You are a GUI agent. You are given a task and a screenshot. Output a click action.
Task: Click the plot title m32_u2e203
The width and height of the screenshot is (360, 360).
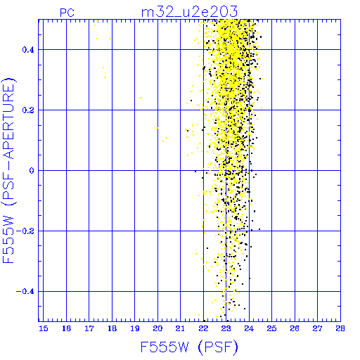[189, 12]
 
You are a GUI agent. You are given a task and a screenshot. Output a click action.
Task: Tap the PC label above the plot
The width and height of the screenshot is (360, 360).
[67, 13]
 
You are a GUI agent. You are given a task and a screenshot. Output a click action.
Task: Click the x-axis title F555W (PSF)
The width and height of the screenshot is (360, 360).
[189, 347]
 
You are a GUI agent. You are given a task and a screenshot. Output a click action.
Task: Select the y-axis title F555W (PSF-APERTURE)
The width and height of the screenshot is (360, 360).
[8, 171]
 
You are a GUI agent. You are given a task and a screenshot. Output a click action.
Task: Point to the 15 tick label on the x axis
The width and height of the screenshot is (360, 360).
[44, 328]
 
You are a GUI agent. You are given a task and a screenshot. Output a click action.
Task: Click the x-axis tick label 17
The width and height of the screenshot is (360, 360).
[89, 328]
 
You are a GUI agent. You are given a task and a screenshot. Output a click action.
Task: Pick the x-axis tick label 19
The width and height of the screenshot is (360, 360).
[135, 328]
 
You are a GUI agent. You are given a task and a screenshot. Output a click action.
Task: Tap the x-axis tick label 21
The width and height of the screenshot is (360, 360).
[180, 328]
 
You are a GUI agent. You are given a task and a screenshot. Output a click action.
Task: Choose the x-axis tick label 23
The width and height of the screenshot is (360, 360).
[226, 328]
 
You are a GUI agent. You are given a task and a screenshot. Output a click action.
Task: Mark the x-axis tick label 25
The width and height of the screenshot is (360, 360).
[271, 328]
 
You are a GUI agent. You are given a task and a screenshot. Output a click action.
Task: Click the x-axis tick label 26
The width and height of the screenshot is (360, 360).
[295, 328]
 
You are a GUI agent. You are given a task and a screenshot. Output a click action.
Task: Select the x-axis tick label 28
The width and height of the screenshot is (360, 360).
[340, 328]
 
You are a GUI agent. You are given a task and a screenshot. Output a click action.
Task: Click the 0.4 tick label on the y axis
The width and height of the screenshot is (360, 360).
[28, 50]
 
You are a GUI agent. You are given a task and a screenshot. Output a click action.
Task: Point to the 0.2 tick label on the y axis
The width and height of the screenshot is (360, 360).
[28, 110]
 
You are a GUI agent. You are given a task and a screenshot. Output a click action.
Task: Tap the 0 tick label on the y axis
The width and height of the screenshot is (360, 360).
[32, 171]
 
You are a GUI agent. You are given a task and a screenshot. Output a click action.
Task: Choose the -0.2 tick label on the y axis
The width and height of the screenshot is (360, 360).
[25, 231]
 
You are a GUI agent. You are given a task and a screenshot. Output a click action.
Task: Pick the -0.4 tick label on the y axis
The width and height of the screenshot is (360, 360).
[25, 292]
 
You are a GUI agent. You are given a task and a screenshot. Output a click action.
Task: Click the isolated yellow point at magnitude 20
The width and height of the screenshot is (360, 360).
[157, 128]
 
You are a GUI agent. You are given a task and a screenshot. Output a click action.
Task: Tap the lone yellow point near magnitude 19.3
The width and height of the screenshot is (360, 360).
[141, 98]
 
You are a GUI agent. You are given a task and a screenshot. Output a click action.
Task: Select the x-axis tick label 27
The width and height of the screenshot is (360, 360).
[317, 328]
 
